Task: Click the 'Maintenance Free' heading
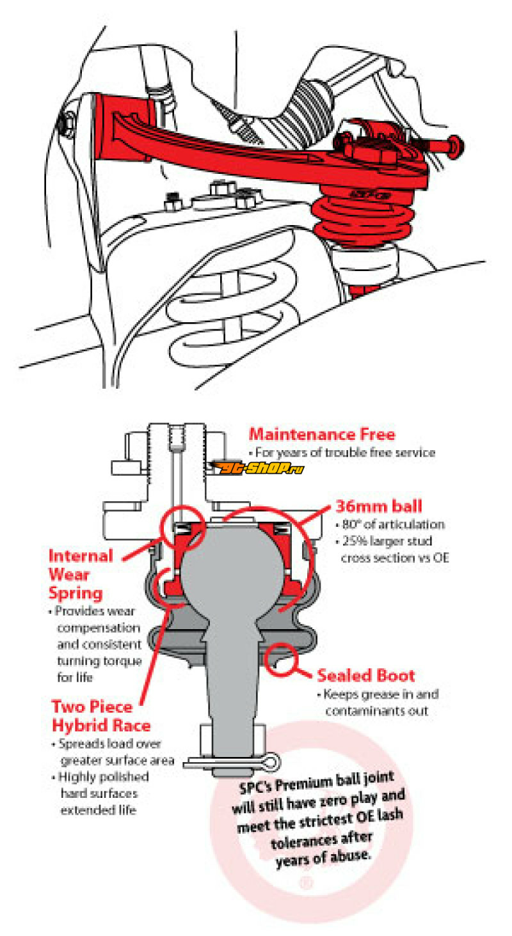pyautogui.click(x=322, y=435)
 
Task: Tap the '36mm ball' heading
pyautogui.click(x=379, y=506)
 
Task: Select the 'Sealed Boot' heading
pyautogui.click(x=365, y=676)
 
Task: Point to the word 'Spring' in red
pyautogui.click(x=76, y=593)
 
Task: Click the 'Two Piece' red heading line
pyautogui.click(x=92, y=706)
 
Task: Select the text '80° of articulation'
pyautogui.click(x=393, y=524)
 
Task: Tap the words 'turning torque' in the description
pyautogui.click(x=100, y=661)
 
